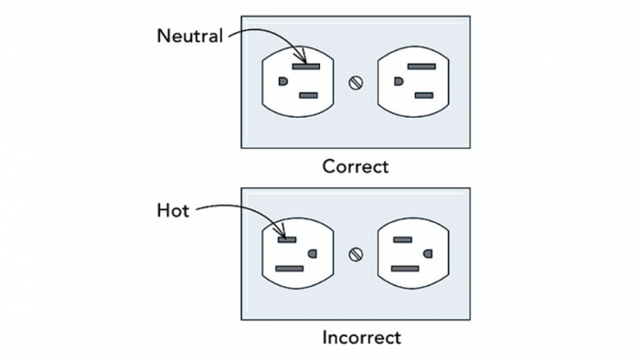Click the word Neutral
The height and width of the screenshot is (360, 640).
[x=190, y=37]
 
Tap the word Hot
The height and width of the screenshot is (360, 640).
[x=173, y=211]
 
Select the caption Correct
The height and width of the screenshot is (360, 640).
[x=355, y=166]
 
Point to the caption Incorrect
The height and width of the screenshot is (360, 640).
[x=361, y=337]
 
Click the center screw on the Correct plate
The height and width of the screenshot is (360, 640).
[x=357, y=81]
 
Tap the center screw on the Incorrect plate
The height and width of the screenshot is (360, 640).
[x=357, y=253]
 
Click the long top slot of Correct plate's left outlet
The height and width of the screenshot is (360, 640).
[x=305, y=66]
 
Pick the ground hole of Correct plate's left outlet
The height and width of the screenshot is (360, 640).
[x=283, y=80]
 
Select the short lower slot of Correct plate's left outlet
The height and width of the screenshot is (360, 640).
[x=308, y=95]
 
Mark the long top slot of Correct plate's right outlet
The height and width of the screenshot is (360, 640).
[x=421, y=66]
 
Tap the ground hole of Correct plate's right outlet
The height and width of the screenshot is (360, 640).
[x=398, y=80]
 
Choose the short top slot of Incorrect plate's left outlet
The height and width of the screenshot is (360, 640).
[x=287, y=239]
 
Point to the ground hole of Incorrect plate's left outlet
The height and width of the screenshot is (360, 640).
[x=313, y=253]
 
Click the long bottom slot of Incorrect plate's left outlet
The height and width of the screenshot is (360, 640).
[x=290, y=269]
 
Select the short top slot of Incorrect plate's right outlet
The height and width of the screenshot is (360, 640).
[x=402, y=239]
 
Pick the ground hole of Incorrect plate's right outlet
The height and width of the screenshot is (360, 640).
[x=428, y=253]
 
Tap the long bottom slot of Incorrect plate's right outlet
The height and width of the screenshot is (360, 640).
[x=405, y=269]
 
